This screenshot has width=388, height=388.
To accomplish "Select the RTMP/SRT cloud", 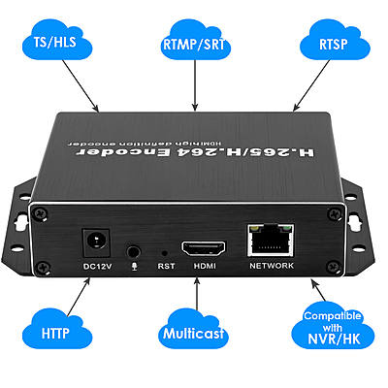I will coord(194,43).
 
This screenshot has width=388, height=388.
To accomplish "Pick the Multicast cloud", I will coord(194,333).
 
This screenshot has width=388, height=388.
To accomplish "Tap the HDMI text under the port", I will coord(204,265).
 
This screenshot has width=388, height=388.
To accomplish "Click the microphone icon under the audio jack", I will coord(137,264).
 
